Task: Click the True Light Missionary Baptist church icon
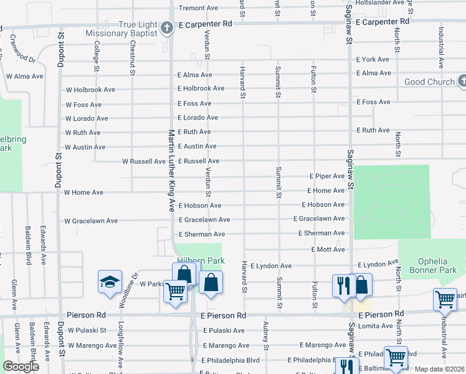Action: click(166, 27)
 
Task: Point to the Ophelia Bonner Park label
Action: click(432, 266)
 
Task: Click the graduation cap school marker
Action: click(110, 282)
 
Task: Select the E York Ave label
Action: click(373, 59)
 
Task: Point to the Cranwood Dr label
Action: click(22, 49)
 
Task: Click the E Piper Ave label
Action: click(327, 176)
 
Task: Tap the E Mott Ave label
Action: click(328, 249)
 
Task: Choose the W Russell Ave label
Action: click(144, 161)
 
